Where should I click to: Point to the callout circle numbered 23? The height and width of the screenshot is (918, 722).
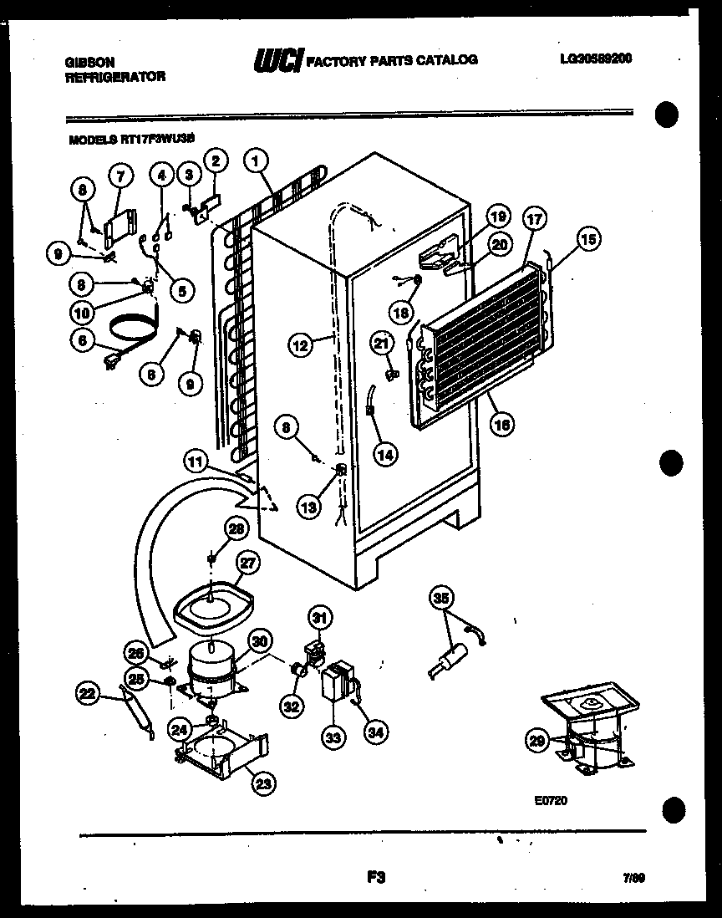coord(263,783)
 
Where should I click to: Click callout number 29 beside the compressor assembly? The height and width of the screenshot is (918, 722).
coord(537,739)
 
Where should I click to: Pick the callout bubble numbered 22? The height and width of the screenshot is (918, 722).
coord(87,692)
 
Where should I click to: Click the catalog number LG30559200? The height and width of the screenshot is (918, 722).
coord(596,59)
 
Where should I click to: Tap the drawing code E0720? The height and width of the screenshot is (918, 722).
coord(552,800)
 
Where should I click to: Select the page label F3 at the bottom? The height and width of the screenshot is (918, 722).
coord(374,877)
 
